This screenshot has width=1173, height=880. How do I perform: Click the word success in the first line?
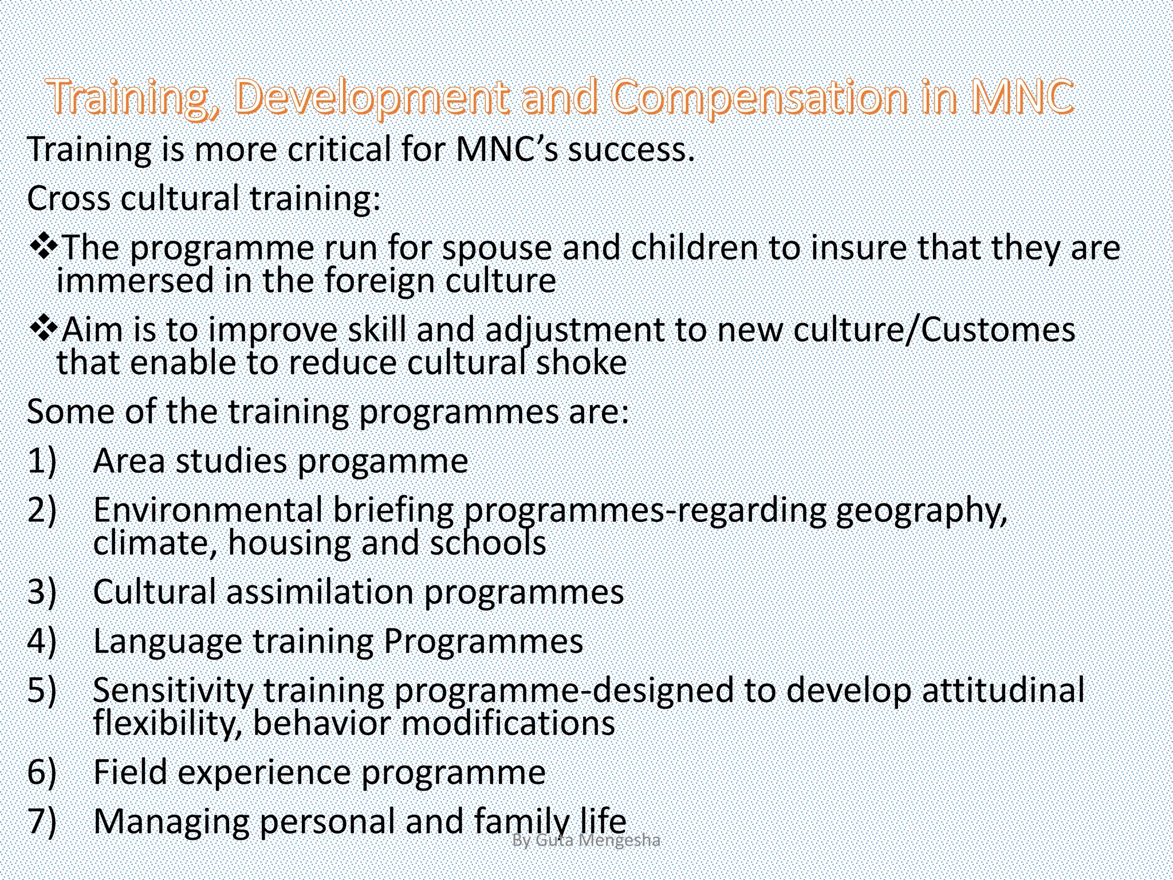(630, 150)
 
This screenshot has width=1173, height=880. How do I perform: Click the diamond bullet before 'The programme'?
(43, 246)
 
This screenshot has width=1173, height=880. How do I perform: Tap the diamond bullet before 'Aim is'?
(43, 329)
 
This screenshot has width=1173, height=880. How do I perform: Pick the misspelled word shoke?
(581, 363)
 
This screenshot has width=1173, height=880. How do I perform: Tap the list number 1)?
(42, 461)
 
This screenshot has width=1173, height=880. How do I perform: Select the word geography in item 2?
(920, 511)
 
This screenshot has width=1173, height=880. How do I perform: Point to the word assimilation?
(320, 592)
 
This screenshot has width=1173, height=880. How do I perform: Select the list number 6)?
(42, 772)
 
